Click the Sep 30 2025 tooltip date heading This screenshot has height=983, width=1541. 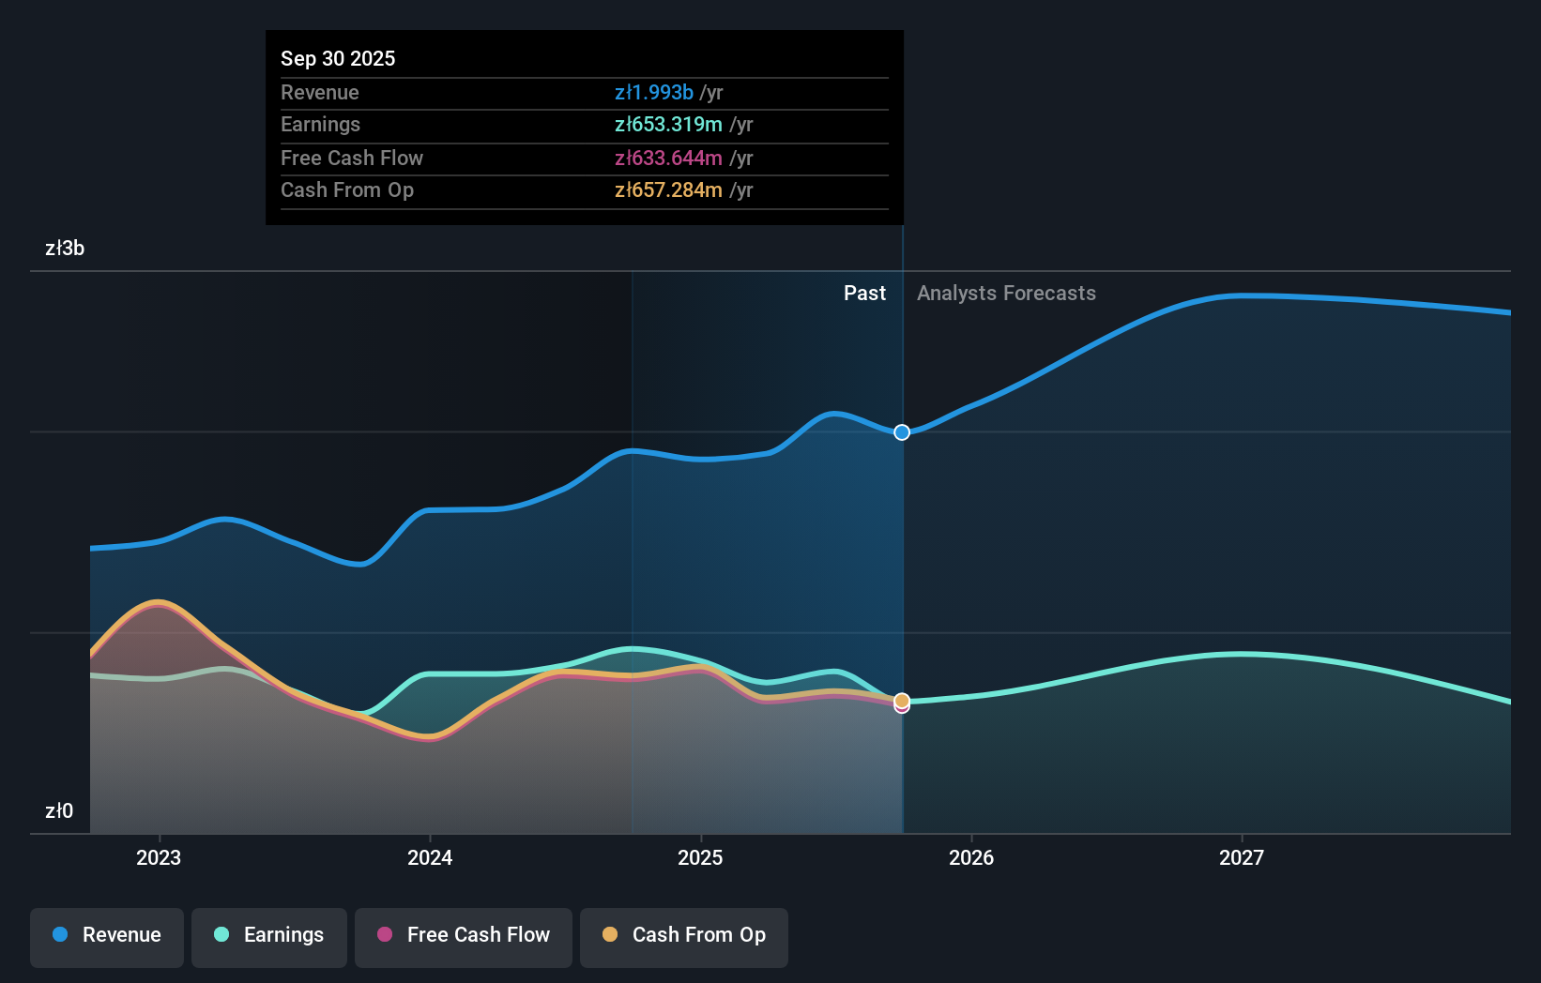[338, 58]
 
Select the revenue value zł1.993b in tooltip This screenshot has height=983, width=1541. [654, 92]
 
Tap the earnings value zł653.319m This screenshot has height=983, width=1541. [668, 124]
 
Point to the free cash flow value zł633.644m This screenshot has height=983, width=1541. [668, 158]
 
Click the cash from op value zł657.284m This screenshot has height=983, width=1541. [668, 189]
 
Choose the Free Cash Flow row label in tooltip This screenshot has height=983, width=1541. [352, 158]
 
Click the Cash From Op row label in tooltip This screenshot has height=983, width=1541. [347, 189]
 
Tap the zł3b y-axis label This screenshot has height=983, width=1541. [65, 248]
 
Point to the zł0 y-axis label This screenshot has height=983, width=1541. [59, 810]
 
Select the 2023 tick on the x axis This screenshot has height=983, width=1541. [159, 857]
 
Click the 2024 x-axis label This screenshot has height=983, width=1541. [430, 857]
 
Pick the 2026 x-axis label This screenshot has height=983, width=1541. [971, 857]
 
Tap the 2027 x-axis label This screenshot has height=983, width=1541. [1242, 857]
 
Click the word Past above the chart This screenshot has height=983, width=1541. [864, 293]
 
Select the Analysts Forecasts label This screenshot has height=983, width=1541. [1006, 293]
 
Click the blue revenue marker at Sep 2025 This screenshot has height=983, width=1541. [902, 432]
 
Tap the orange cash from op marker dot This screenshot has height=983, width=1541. [902, 700]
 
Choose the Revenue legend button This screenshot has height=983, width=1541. [107, 935]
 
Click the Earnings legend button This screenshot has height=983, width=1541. [269, 935]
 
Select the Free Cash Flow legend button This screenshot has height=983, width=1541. [464, 935]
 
